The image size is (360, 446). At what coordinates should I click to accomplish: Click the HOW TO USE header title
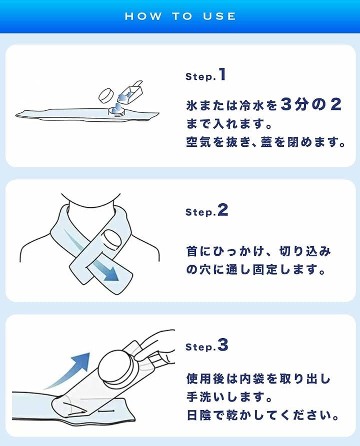pos(180,16)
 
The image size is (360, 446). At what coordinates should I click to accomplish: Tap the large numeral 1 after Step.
pos(222,74)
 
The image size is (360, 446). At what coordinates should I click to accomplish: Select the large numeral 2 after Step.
pos(222,210)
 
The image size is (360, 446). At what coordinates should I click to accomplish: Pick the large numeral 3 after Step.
pos(222,345)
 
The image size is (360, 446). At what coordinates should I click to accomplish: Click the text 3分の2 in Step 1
pos(310,104)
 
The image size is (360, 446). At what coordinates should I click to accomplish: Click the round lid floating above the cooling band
pos(106,95)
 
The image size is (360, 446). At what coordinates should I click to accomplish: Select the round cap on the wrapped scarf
pos(110,240)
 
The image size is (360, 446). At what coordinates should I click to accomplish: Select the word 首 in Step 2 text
pos(192,251)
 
